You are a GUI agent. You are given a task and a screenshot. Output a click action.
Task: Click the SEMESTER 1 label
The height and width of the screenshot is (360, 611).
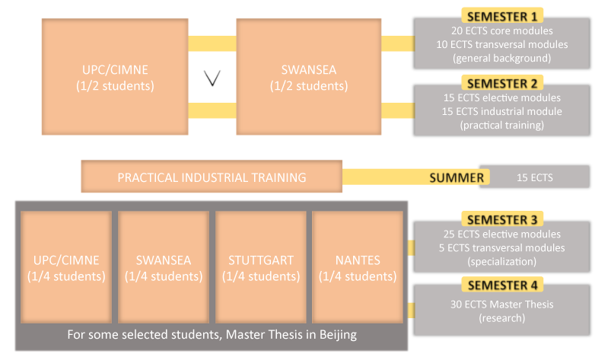pyautogui.click(x=501, y=16)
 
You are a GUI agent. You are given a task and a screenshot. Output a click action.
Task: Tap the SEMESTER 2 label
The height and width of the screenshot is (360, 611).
pyautogui.click(x=501, y=83)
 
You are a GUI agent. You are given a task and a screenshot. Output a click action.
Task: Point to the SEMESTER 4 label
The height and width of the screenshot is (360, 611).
pyautogui.click(x=501, y=285)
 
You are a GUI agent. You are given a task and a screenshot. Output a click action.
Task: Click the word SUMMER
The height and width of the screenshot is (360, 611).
pyautogui.click(x=457, y=178)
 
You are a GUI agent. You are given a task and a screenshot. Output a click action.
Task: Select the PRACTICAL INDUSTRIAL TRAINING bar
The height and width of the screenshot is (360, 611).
pyautogui.click(x=212, y=177)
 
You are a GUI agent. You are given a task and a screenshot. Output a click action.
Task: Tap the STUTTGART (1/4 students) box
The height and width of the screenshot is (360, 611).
pyautogui.click(x=260, y=268)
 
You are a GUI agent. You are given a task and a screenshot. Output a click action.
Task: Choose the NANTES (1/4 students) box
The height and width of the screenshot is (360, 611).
pyautogui.click(x=357, y=268)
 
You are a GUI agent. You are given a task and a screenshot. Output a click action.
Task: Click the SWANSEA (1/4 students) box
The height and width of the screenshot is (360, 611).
pyautogui.click(x=164, y=268)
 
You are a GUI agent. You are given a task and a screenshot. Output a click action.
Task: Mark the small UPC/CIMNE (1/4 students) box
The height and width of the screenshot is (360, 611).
pyautogui.click(x=66, y=268)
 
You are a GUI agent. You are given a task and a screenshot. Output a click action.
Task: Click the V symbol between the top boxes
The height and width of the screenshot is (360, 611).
pyautogui.click(x=212, y=78)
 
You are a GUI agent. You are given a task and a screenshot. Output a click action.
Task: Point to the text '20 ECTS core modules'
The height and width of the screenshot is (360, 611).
pyautogui.click(x=501, y=31)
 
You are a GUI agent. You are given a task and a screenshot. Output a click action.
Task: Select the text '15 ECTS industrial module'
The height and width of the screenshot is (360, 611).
pyautogui.click(x=501, y=111)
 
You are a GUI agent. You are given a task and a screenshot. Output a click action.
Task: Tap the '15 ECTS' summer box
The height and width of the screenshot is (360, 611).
pyautogui.click(x=535, y=178)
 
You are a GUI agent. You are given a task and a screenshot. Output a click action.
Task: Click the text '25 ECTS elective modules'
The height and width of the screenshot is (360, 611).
pyautogui.click(x=501, y=234)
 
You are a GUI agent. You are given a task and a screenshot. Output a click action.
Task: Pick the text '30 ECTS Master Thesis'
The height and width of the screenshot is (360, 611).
pyautogui.click(x=501, y=304)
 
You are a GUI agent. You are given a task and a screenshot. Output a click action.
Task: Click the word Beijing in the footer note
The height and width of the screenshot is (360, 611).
pyautogui.click(x=337, y=335)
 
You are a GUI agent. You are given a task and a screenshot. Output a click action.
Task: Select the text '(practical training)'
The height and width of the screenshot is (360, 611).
pyautogui.click(x=501, y=125)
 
